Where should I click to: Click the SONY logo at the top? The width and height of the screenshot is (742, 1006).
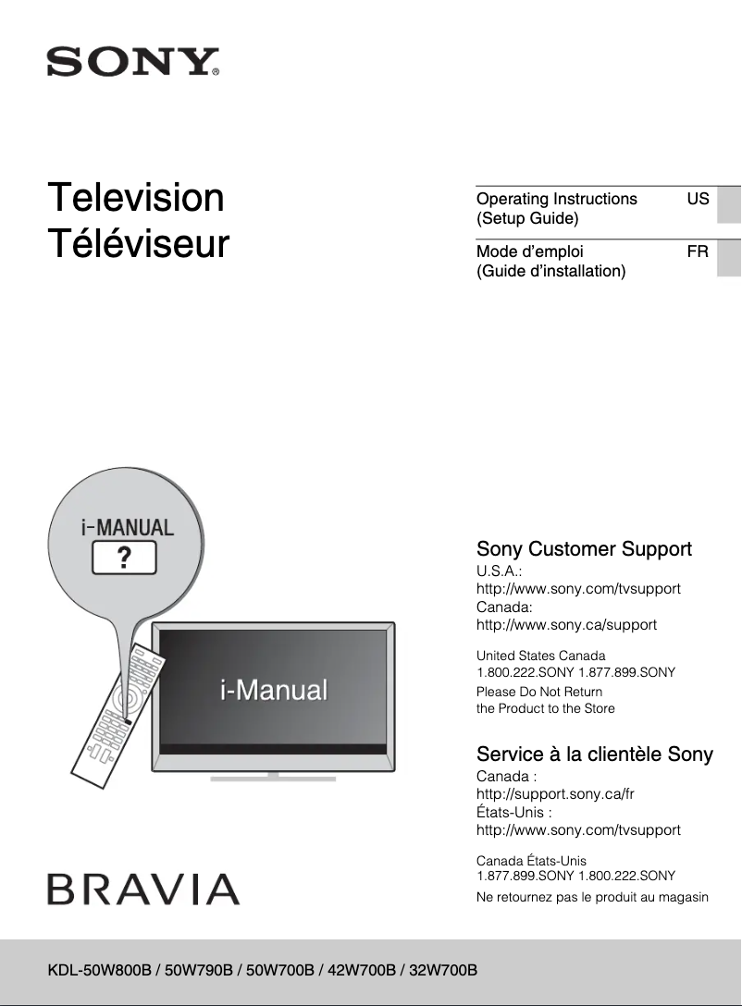(x=133, y=63)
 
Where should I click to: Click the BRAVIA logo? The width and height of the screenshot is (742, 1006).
(x=143, y=889)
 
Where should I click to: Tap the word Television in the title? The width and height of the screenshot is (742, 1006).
(x=136, y=198)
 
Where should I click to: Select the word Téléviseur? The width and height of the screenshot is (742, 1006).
(x=139, y=244)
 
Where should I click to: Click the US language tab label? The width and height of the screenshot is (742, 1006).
(x=698, y=199)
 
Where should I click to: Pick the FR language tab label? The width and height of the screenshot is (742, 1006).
(x=698, y=251)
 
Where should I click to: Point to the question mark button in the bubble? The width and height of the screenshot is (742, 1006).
(x=123, y=558)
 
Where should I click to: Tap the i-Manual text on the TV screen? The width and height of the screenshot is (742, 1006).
(x=274, y=690)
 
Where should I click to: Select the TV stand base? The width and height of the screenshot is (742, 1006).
(x=272, y=777)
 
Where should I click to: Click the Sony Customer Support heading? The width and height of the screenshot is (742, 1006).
(x=584, y=549)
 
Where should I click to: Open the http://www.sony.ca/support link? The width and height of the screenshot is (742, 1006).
(x=566, y=624)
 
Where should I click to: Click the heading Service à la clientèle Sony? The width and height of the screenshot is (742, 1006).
(x=594, y=754)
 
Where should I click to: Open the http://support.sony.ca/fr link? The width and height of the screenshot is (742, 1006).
(x=555, y=793)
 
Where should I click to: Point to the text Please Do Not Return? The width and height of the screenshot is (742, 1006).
(x=538, y=692)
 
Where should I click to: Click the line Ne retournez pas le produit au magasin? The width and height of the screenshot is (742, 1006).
(x=592, y=897)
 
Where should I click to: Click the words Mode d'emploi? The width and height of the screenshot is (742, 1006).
(x=530, y=251)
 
